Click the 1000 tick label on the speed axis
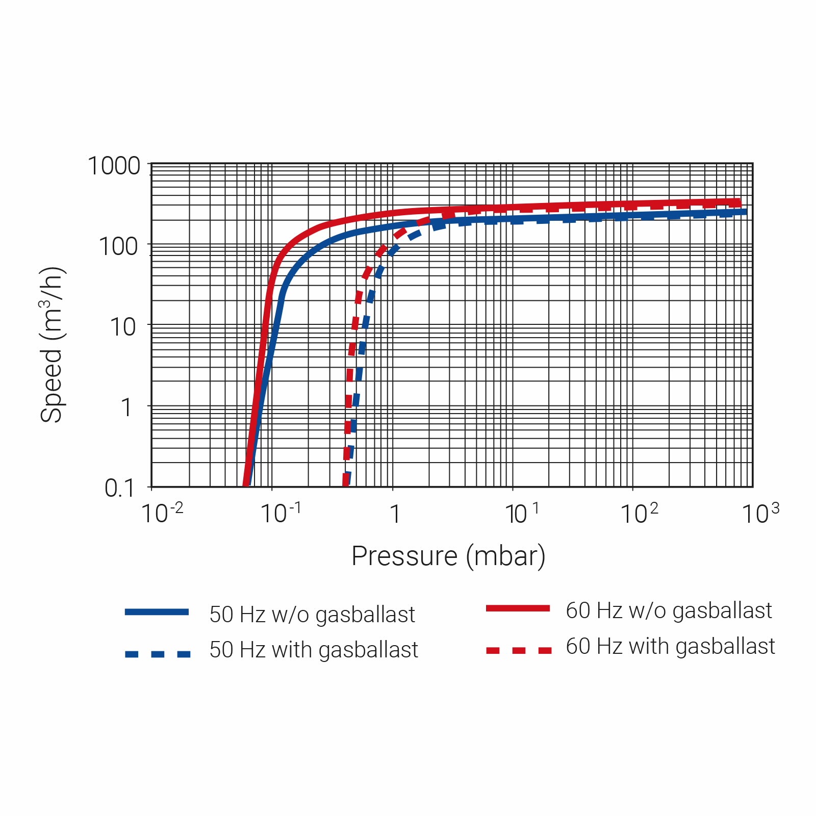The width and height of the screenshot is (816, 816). click(114, 166)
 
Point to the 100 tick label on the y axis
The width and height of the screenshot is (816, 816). click(118, 247)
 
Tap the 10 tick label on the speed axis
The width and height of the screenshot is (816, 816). click(123, 327)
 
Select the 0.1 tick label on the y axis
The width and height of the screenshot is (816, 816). click(119, 488)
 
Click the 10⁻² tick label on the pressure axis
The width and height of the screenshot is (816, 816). click(162, 513)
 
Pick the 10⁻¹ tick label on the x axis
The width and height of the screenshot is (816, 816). click(281, 513)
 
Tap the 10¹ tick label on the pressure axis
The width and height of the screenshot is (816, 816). click(522, 513)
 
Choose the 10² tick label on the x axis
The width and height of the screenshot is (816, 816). click(640, 513)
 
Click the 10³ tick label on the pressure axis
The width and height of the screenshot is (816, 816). click(760, 513)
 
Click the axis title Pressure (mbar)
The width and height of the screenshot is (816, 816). click(448, 556)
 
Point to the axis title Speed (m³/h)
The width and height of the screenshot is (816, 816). click(52, 345)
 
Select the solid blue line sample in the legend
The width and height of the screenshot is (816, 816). click(157, 612)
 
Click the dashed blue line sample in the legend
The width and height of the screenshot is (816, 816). click(158, 654)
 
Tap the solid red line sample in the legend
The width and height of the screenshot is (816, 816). click(518, 608)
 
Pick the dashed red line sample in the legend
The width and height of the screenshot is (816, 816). click(519, 650)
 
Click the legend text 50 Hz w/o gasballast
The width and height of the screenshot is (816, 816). click(312, 615)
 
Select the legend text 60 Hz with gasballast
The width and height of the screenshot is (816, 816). click(670, 646)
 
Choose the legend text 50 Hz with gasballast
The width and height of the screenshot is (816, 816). click(314, 650)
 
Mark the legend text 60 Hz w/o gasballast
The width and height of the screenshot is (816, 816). click(669, 610)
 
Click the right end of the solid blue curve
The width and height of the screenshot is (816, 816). click(746, 211)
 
